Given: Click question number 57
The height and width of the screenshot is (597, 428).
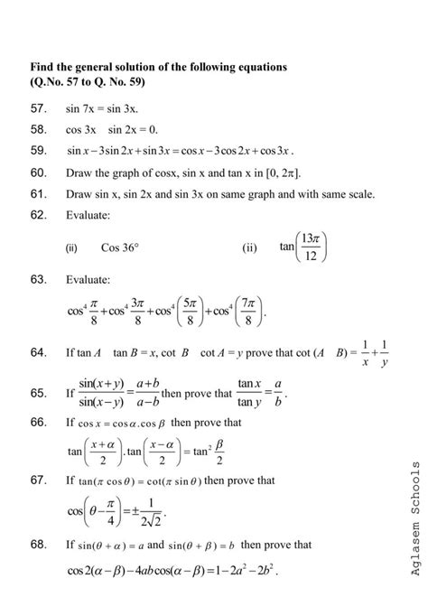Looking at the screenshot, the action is coord(38,108).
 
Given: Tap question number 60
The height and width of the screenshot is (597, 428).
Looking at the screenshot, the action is coord(38,173).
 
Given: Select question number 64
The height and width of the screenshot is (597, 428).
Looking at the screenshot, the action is coord(38,352).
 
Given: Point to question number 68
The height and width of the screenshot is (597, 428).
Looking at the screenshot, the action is coord(38,545).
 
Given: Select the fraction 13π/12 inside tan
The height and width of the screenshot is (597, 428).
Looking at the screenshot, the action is coord(311,247).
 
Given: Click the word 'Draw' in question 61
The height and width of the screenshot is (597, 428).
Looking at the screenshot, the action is coord(78,194).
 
